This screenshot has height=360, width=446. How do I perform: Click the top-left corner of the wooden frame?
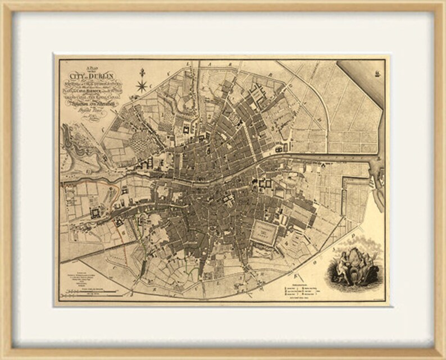[3, 3]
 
